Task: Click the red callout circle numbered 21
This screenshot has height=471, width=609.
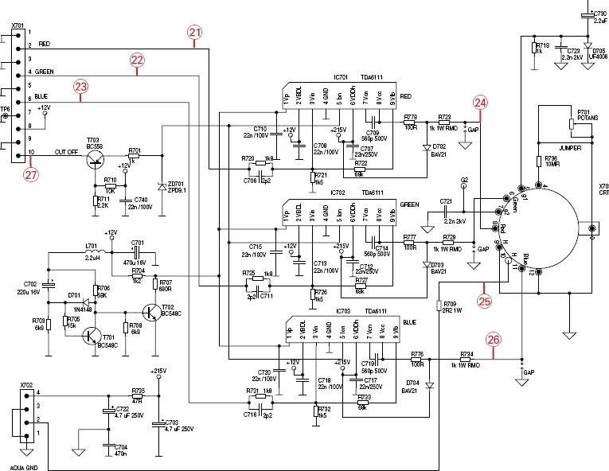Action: point(195,32)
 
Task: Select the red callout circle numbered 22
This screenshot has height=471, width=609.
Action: point(137,60)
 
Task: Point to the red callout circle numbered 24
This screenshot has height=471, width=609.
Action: point(480,102)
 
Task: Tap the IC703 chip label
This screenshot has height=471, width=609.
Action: point(344,311)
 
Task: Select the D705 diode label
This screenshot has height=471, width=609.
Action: point(599,49)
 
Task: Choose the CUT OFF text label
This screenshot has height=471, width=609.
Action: point(67,151)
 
